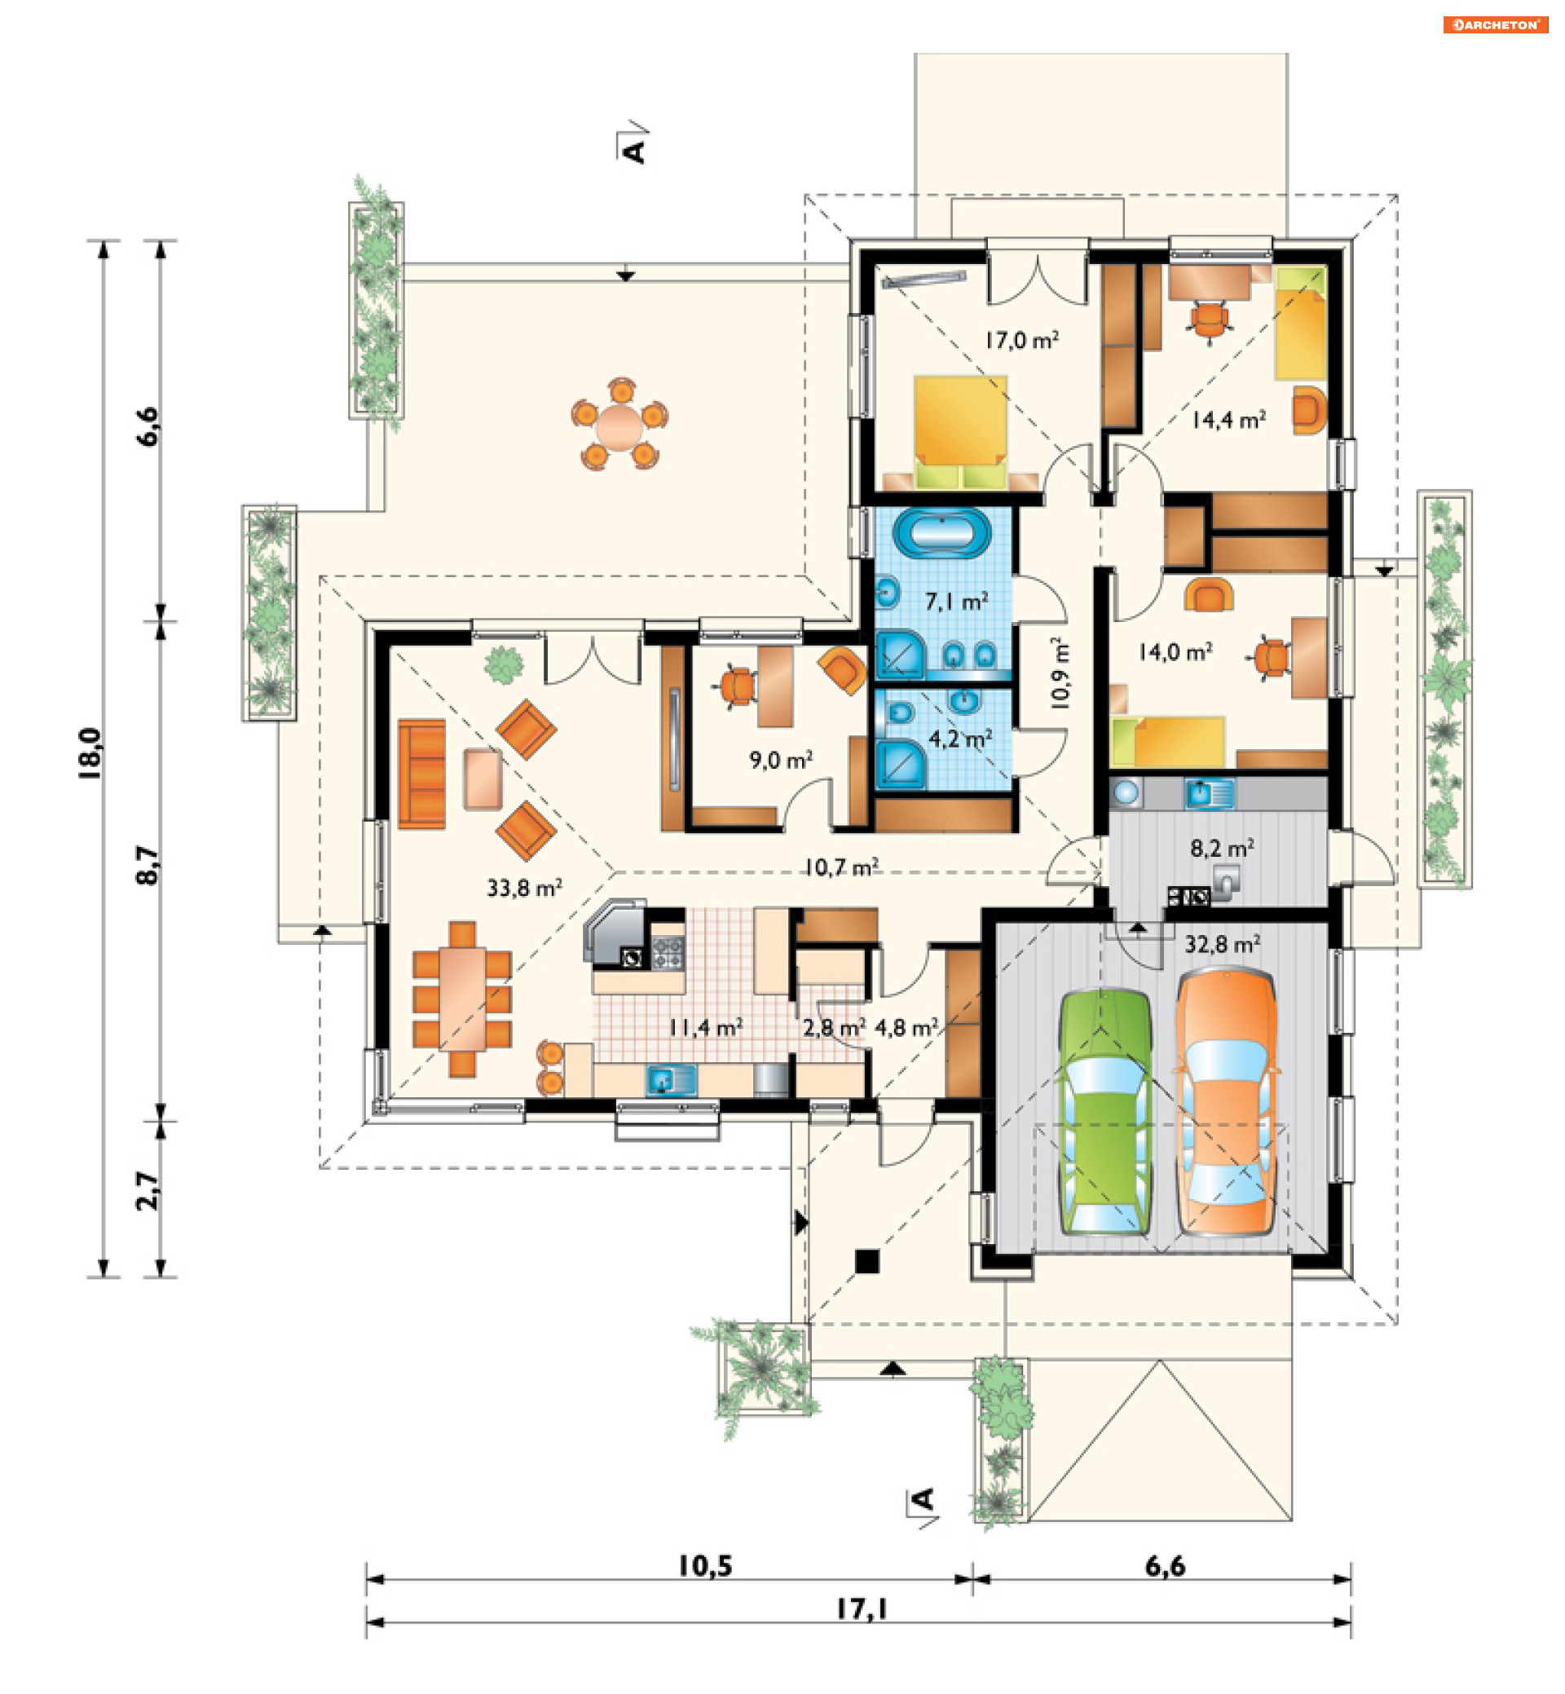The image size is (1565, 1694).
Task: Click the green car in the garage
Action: click(1105, 1111)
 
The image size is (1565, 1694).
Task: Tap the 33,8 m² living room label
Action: click(524, 888)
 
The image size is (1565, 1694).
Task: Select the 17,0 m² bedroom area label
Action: click(1021, 341)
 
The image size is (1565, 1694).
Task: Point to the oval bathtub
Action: click(941, 531)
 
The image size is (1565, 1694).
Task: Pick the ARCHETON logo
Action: click(1496, 24)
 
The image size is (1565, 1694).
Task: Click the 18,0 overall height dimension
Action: click(90, 753)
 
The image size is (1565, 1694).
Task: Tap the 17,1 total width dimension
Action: click(862, 1608)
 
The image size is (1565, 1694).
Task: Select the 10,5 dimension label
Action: click(704, 1565)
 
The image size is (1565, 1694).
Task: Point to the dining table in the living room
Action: click(461, 999)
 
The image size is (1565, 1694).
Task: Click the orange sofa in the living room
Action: click(421, 774)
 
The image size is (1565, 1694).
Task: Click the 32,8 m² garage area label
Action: click(1222, 943)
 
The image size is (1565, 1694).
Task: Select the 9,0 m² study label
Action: click(781, 760)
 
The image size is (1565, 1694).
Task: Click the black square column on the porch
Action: click(866, 1261)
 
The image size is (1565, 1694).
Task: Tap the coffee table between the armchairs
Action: click(483, 779)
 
